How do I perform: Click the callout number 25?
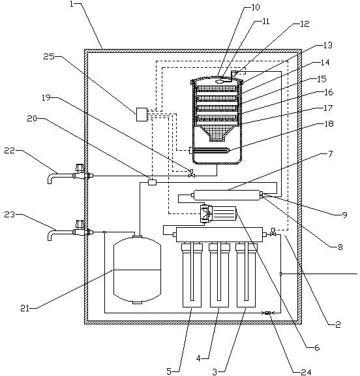tap(49, 57)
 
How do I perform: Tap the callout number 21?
tap(24, 308)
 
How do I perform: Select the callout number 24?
tap(306, 372)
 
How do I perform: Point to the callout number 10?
tap(256, 7)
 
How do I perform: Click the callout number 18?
tap(329, 124)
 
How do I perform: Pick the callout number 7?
tap(330, 154)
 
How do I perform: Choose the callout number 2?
tap(338, 324)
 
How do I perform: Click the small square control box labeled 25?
tap(142, 114)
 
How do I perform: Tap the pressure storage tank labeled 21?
tap(137, 270)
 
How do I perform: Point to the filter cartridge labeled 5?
tap(192, 275)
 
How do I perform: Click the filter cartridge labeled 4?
tap(219, 275)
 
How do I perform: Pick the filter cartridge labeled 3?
tap(247, 275)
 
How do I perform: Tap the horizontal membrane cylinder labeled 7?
tap(227, 195)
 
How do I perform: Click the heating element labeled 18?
tap(209, 150)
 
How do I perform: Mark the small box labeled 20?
tap(152, 183)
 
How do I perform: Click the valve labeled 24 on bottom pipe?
tap(268, 313)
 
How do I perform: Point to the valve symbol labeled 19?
tap(192, 174)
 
